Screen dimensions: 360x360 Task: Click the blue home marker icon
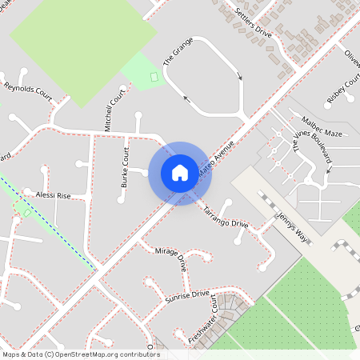(180, 173)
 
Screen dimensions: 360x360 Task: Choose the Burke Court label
(125, 167)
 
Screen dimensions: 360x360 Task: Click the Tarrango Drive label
(226, 214)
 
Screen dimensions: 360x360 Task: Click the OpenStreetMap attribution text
(80, 354)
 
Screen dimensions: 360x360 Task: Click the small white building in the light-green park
(154, 76)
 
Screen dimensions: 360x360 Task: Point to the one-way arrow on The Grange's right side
(239, 77)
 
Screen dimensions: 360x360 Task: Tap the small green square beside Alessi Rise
(27, 213)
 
